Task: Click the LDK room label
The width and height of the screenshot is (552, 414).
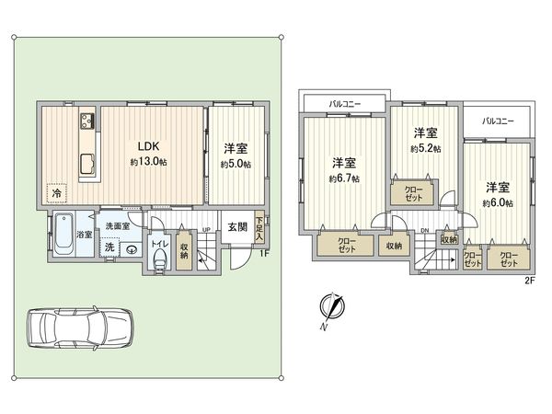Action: coord(150,145)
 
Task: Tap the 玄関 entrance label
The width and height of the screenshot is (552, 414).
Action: coord(236,227)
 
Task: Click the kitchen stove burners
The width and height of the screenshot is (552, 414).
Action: coord(87,121)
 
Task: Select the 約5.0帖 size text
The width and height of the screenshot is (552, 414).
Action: coord(234,165)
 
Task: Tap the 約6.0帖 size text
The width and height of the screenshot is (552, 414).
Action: coord(497,202)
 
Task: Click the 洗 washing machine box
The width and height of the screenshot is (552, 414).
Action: coord(109,247)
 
